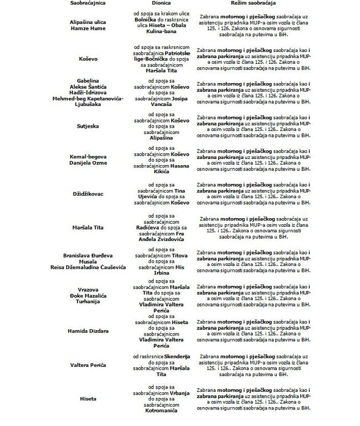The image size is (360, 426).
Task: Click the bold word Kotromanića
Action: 161,411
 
